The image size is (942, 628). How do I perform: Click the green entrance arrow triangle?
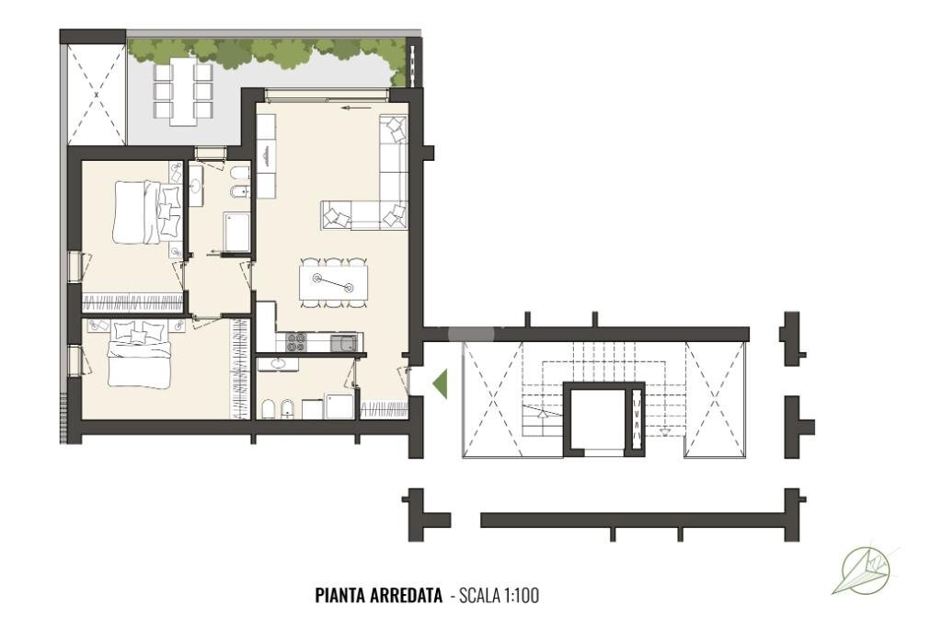point(440,383)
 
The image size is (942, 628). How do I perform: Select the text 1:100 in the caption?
point(521,596)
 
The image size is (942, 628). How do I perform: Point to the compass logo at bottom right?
point(866,571)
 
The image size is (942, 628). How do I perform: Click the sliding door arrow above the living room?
point(349,108)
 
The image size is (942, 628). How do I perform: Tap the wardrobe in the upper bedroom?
point(133,302)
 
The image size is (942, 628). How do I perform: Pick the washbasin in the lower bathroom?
point(277,364)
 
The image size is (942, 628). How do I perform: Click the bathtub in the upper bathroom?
point(237,231)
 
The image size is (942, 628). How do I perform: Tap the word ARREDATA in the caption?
point(410,596)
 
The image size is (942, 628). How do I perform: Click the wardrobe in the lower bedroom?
point(241,368)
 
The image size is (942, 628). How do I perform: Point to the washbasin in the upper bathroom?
point(196,184)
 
